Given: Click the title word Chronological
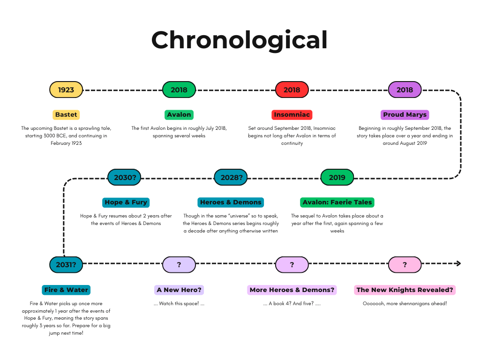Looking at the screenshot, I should pos(239,40).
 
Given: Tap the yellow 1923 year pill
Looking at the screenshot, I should pos(66,90).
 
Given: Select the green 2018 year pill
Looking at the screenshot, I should pos(179,90).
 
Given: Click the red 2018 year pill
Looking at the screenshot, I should pos(292,90).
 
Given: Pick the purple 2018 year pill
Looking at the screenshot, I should pos(405,90).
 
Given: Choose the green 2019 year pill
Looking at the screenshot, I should pos(337,177).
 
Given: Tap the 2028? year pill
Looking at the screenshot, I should pos(231,177).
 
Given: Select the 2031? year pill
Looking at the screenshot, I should pos(66,264).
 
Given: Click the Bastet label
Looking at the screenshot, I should pos(66,114).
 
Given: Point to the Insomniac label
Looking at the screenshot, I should pos(292,114).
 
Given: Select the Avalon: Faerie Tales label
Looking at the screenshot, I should pos(337,202).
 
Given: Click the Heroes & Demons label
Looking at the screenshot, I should pos(231,202).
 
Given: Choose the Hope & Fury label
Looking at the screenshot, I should pos(126,202).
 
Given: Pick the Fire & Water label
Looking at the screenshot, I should pos(66,290).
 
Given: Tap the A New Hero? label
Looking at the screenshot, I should pos(179,290).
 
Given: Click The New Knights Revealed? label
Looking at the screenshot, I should pos(405,290).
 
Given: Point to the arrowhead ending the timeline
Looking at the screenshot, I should pos(459,263).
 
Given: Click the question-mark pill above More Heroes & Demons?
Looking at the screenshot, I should pos(292,264).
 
